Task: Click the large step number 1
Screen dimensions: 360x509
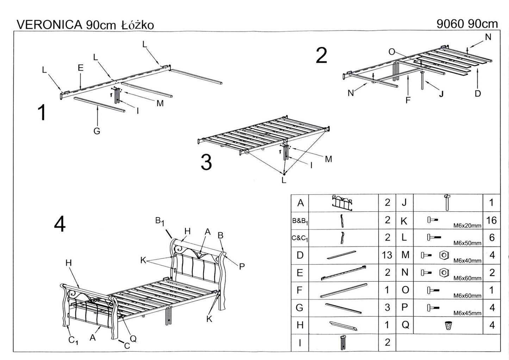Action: tap(42, 113)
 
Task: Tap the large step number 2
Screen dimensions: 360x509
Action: tap(321, 56)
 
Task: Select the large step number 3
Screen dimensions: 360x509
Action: tap(206, 162)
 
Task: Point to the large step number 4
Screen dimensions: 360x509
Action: tap(60, 224)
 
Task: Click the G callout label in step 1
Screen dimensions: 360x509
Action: tap(97, 131)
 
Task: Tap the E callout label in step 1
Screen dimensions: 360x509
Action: tap(81, 68)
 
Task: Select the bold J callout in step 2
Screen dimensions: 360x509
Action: tap(441, 94)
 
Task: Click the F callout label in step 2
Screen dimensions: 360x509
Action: tap(408, 100)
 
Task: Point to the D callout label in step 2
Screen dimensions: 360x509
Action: tap(478, 93)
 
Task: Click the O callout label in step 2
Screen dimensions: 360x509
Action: tap(392, 52)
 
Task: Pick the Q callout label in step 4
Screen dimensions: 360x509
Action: tap(133, 339)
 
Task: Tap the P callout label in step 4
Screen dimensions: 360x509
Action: tap(242, 267)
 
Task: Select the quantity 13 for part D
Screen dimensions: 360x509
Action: tap(387, 255)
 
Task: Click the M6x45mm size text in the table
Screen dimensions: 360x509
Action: tap(467, 313)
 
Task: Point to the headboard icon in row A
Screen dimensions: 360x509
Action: tap(343, 203)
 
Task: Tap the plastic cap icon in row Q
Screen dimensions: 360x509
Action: tap(448, 325)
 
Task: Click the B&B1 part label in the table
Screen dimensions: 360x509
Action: tap(300, 221)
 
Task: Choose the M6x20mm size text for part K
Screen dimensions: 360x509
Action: tap(467, 226)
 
